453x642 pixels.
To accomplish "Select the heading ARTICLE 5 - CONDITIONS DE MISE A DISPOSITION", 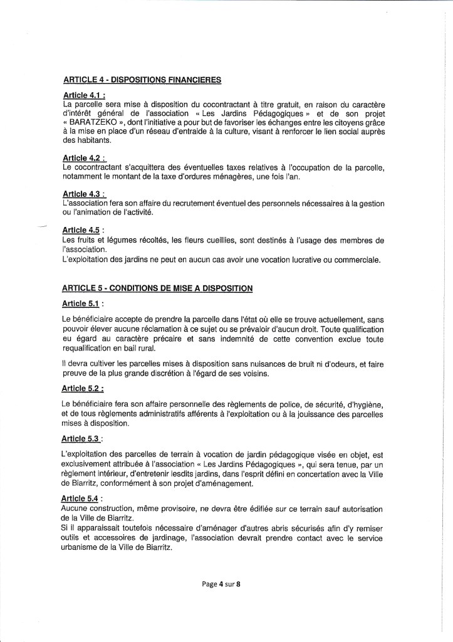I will point(157,288).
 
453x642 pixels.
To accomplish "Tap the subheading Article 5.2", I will point(83,389).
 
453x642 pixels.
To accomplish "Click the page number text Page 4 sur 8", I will point(222,584).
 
